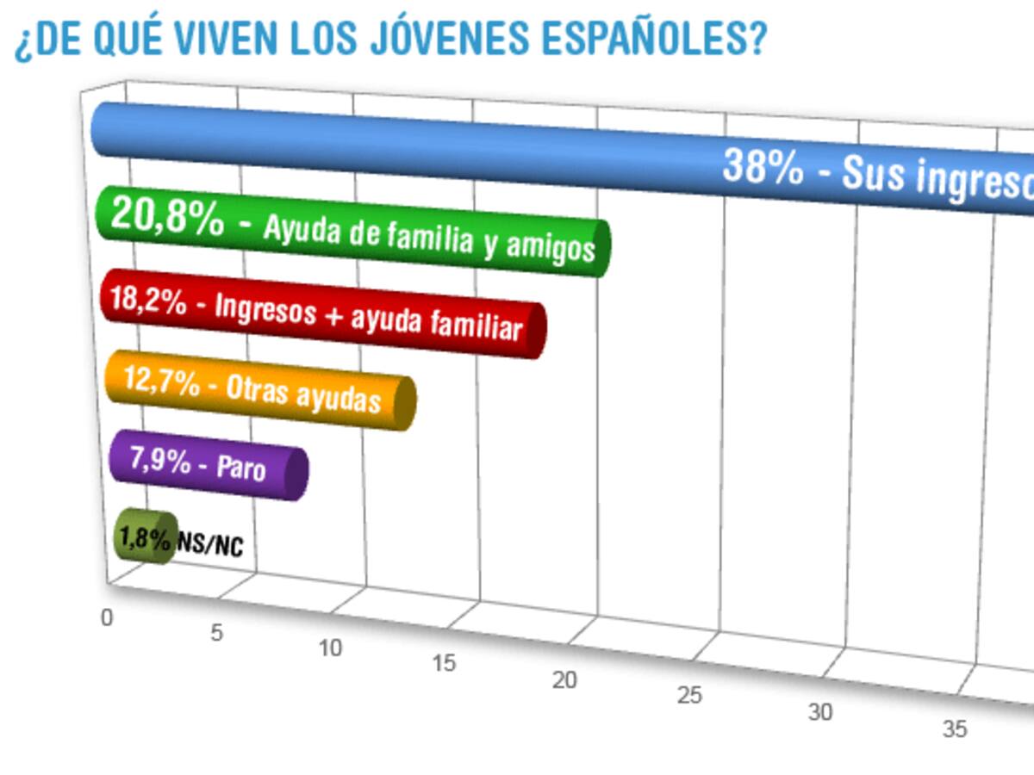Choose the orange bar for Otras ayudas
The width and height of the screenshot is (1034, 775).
click(x=258, y=389)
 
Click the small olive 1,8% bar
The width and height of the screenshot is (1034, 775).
click(x=145, y=537)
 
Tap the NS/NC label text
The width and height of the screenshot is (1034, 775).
click(x=210, y=545)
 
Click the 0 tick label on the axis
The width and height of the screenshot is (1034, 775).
click(x=107, y=617)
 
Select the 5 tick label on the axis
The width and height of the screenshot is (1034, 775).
click(x=216, y=633)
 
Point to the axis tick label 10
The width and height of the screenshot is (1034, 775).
click(x=330, y=648)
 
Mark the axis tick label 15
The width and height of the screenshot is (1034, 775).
click(x=445, y=664)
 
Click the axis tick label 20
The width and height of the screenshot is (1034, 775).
click(x=564, y=679)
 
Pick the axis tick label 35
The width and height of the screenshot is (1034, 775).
click(x=954, y=729)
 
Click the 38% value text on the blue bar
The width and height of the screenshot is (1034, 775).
click(x=763, y=166)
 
